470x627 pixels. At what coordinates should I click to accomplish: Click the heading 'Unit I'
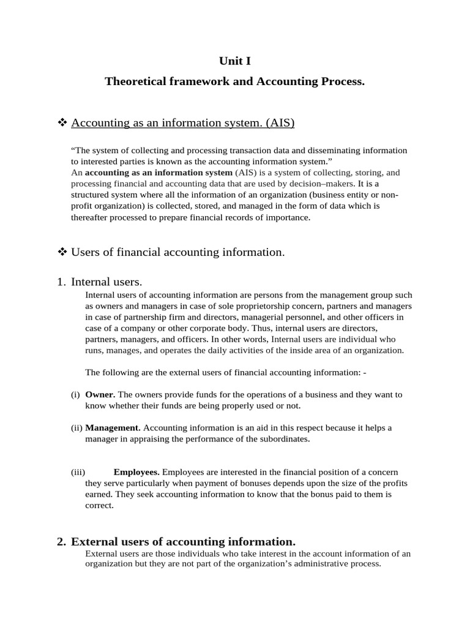tap(234, 61)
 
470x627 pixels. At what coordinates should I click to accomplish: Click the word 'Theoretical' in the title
tap(135, 81)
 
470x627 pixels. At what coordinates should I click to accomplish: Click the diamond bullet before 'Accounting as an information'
tap(61, 123)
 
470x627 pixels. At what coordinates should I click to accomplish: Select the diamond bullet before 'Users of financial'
tap(61, 252)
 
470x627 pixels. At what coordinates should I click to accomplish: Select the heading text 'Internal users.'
tap(106, 282)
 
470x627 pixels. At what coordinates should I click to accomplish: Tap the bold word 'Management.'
tap(113, 427)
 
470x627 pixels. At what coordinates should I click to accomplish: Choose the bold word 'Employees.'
tap(136, 471)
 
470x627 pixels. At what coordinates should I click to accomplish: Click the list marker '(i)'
tap(76, 395)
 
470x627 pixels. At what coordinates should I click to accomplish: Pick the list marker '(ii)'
tap(76, 427)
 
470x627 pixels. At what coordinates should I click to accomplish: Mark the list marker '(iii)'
tap(78, 471)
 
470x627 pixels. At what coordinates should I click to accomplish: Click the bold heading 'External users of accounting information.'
tap(183, 542)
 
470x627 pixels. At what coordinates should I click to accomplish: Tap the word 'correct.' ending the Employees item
tap(99, 506)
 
